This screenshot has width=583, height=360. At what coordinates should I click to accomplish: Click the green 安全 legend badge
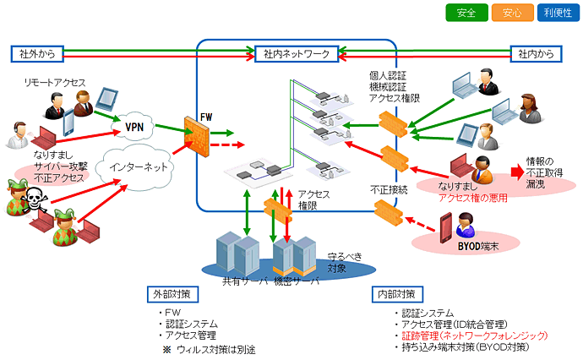[466, 14]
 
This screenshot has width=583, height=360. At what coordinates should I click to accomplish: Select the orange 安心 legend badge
[511, 14]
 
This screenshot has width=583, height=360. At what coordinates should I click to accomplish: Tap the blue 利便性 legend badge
[556, 14]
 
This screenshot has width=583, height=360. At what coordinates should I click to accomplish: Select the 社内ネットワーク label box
[295, 54]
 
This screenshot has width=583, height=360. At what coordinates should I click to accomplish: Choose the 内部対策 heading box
[395, 295]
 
